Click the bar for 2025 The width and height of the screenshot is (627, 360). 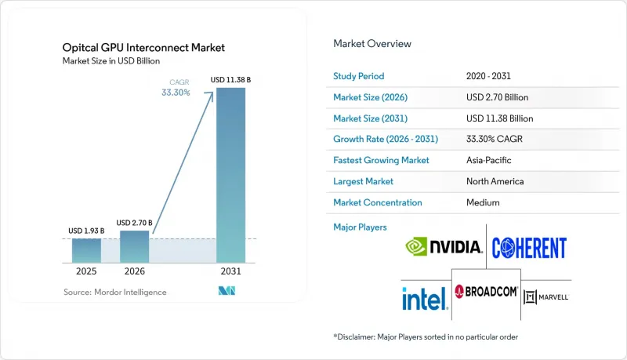coord(86,251)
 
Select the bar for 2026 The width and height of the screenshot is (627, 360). coord(134,247)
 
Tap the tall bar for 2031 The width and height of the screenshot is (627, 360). coord(230,175)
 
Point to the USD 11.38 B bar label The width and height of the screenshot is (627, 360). coord(230,80)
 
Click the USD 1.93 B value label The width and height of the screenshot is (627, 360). coord(86,231)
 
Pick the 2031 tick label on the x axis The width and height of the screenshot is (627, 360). coord(230,271)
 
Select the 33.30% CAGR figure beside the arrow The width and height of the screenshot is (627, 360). coord(176,93)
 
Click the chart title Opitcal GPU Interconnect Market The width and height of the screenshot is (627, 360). coord(143,48)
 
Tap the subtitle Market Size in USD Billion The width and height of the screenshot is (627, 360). coord(111,61)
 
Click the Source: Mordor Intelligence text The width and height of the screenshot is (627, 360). coord(115,292)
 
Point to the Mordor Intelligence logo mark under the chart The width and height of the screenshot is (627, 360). coord(227,291)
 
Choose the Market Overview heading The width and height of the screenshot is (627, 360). coord(372,44)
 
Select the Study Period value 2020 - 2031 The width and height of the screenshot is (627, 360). coord(488,76)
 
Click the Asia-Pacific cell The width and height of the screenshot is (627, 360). coord(488,160)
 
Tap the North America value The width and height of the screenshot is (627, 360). coord(495,181)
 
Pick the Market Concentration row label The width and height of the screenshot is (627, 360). coord(378,202)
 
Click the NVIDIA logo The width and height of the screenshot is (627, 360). coord(444,246)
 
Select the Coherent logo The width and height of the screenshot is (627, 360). coord(529,248)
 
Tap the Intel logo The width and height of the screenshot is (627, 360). coord(425,298)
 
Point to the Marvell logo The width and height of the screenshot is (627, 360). coord(545,297)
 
